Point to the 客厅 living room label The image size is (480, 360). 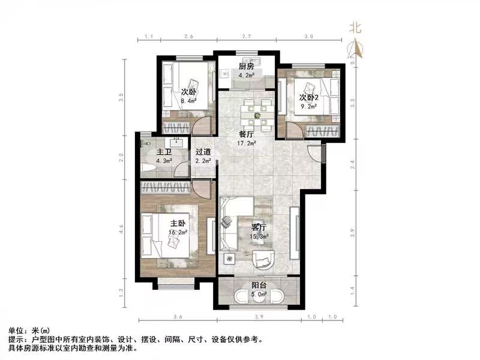(260, 228)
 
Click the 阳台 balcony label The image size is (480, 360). (260, 286)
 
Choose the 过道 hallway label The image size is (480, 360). (203, 152)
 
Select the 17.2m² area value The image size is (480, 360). (246, 144)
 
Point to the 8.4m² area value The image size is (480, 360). (188, 101)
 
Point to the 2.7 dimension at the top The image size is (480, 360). (245, 37)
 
